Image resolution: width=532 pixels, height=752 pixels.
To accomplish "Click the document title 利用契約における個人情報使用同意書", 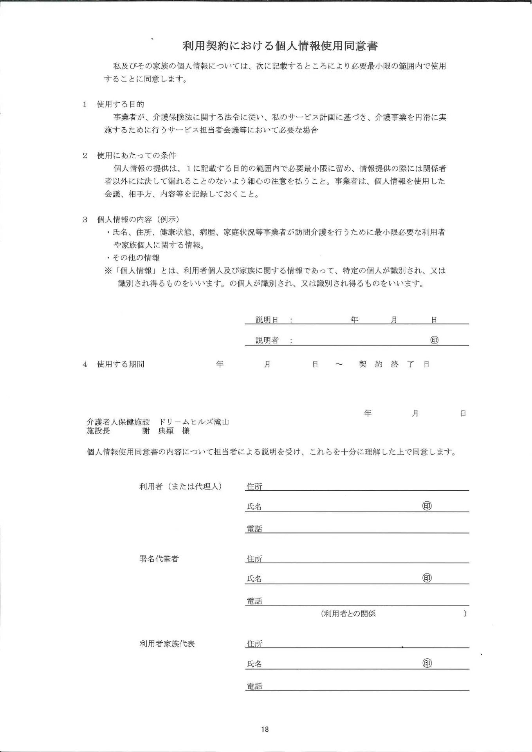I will click(280, 46).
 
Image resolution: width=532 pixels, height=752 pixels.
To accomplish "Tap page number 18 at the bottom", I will click(265, 729).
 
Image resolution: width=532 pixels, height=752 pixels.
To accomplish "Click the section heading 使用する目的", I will click(121, 104).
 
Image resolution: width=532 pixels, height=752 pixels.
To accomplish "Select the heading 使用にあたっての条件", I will click(136, 155).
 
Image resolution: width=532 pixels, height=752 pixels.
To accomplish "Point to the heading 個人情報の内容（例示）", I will click(138, 219).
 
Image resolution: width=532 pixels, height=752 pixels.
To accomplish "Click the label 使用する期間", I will click(121, 364).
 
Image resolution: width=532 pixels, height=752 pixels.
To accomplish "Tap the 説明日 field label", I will click(267, 320).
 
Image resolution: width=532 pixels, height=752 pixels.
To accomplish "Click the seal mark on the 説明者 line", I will click(434, 340).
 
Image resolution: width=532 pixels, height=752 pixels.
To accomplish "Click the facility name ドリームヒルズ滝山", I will click(194, 422).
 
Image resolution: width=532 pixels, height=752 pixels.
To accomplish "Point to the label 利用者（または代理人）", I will click(180, 486).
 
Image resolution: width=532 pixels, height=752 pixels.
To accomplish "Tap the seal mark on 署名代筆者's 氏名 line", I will click(427, 578).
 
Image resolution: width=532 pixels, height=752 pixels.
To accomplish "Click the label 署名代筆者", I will click(159, 559).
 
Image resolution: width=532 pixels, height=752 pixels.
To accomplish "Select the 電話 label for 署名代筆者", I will click(254, 601).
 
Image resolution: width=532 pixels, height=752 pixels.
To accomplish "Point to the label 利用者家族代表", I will click(167, 644).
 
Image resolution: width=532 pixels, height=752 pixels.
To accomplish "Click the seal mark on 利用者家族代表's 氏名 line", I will click(427, 663).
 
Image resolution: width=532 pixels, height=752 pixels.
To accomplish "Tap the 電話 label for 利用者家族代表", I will click(254, 686).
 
